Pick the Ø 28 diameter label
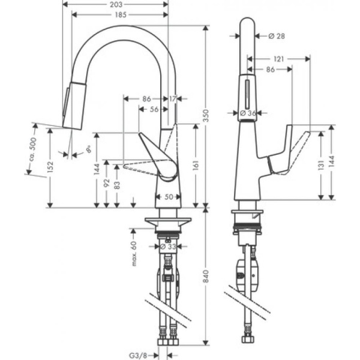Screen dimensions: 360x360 pyautogui.click(x=275, y=36)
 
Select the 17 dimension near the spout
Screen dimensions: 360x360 pyautogui.click(x=173, y=98)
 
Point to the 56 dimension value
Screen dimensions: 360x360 pyautogui.click(x=154, y=109)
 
